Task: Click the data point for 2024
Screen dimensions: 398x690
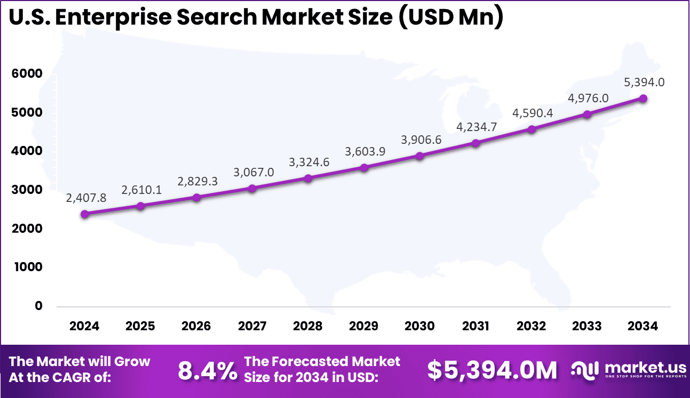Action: (x=84, y=214)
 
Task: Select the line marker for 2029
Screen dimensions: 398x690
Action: (x=364, y=168)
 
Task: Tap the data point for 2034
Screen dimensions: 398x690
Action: (x=643, y=99)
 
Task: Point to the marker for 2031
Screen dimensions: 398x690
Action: (x=475, y=143)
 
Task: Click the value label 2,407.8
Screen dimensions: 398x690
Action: (x=86, y=198)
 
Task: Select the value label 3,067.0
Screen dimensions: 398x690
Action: (x=253, y=172)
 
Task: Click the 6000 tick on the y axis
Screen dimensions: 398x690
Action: (x=27, y=74)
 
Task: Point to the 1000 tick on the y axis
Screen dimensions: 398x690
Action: (x=27, y=267)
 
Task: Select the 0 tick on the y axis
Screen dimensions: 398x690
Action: (x=39, y=306)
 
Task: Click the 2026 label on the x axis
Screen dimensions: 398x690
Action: (x=196, y=326)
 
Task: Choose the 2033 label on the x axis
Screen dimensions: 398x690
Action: (x=587, y=326)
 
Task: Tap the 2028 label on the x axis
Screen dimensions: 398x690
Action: (x=308, y=326)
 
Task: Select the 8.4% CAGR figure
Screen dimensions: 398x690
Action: (x=207, y=370)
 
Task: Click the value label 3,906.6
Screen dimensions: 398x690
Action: (x=421, y=140)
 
